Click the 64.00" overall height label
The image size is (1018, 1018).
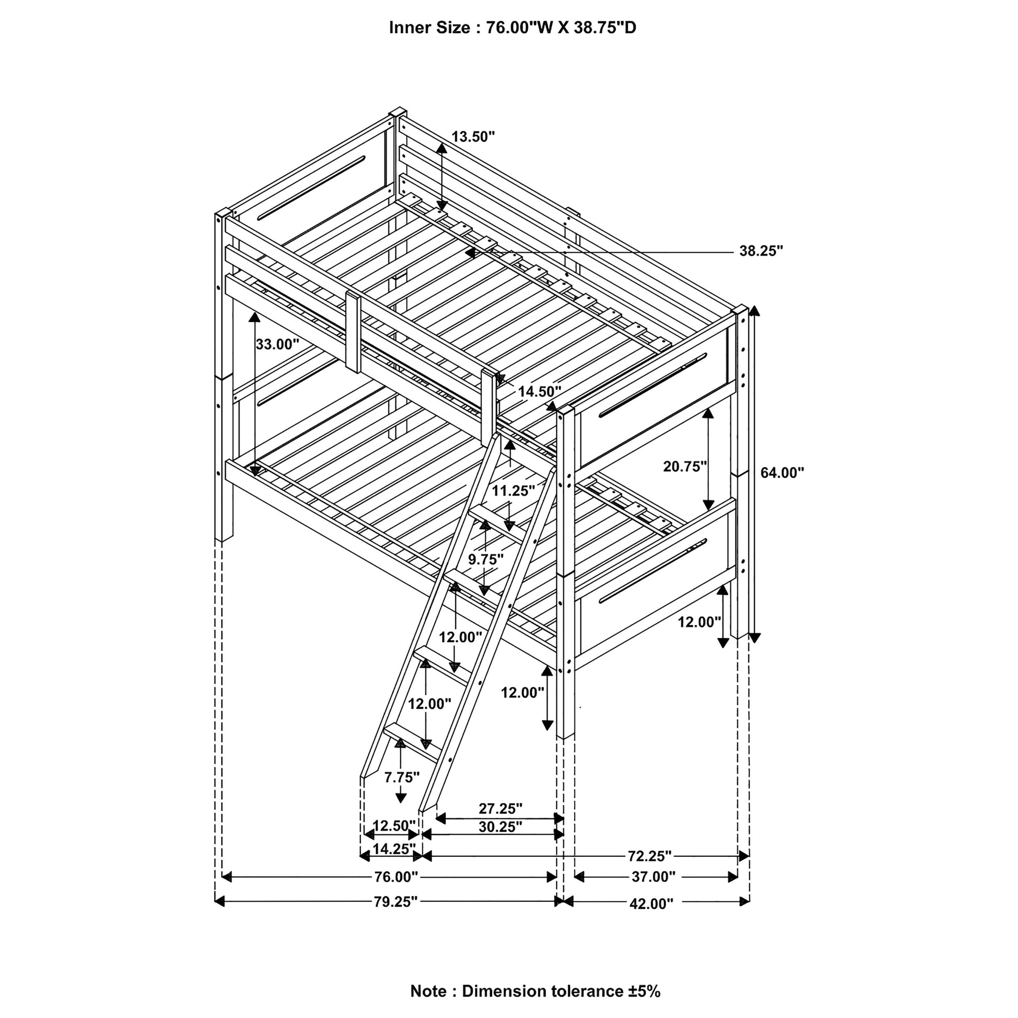[782, 473]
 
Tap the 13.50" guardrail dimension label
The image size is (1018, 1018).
[473, 137]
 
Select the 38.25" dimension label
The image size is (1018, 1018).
[761, 251]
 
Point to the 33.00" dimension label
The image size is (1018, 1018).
[277, 345]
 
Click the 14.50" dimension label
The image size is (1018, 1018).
[539, 391]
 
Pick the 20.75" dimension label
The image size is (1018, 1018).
[684, 466]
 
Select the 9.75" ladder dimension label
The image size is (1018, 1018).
[486, 559]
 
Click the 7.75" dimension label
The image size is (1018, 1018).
[402, 777]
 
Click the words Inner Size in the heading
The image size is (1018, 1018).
[429, 28]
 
